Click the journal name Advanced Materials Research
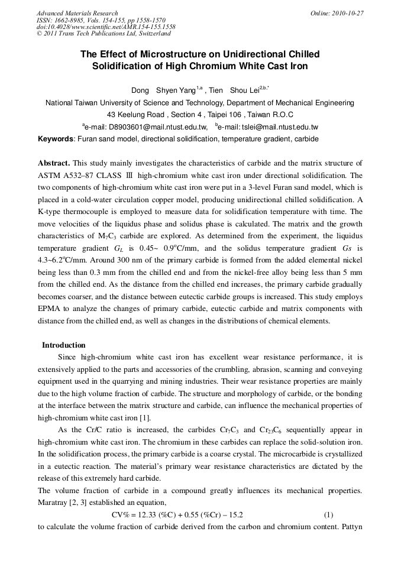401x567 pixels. point(77,13)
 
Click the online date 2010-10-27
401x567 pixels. point(345,13)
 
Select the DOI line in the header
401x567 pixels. point(106,27)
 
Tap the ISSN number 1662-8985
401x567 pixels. point(74,20)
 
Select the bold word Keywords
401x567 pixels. point(56,139)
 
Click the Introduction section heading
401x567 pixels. point(63,345)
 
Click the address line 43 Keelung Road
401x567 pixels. point(200,114)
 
